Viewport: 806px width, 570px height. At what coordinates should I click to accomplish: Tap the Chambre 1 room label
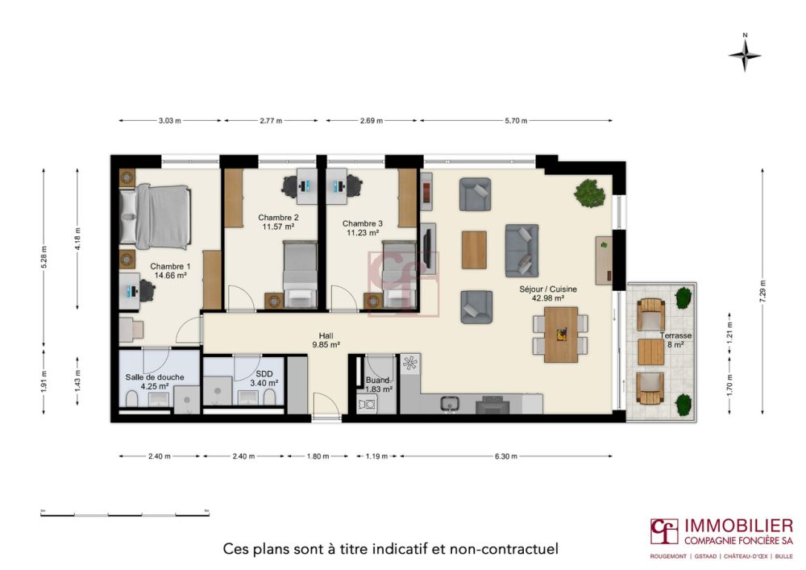[x=170, y=266]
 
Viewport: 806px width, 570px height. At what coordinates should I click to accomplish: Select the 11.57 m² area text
[x=278, y=227]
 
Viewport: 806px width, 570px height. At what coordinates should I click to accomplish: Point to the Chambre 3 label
[x=362, y=223]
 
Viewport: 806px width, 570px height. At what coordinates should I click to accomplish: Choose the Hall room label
[x=326, y=336]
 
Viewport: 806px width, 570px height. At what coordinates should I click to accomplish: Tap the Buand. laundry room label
[x=378, y=380]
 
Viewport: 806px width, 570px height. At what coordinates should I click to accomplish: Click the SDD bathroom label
[x=264, y=374]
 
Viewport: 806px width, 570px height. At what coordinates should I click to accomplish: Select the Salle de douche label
[x=154, y=377]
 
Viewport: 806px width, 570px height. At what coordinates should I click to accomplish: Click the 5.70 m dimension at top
[x=515, y=121]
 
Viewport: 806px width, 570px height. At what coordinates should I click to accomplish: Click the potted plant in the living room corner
[x=590, y=193]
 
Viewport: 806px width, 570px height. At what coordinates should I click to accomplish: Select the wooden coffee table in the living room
[x=474, y=250]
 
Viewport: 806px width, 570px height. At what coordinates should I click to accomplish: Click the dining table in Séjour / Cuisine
[x=561, y=334]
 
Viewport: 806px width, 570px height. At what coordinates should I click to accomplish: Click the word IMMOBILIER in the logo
[x=738, y=526]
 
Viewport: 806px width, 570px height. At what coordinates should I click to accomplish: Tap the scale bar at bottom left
[x=125, y=513]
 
